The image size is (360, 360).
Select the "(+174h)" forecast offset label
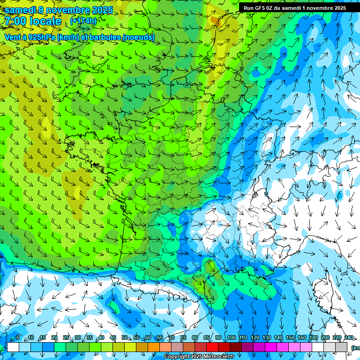click(83, 21)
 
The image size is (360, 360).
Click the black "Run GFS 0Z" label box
click(294, 7)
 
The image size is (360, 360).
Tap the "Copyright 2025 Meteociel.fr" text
click(199, 357)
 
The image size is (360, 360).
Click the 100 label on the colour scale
click(231, 338)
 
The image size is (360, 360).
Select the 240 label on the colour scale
click(348, 338)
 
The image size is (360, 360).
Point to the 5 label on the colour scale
click(18, 338)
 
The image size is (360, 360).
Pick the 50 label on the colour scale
click(124, 338)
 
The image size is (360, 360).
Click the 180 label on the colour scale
click(313, 338)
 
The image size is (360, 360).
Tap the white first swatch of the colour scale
click(13, 347)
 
